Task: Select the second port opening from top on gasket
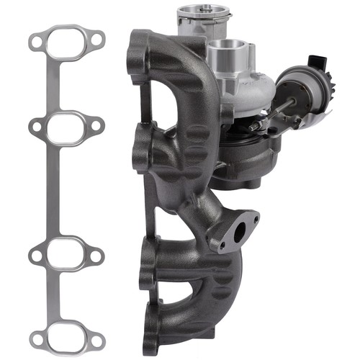click(66, 127)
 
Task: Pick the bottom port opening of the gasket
click(66, 334)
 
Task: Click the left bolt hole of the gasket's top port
click(34, 43)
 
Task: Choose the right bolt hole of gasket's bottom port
click(97, 336)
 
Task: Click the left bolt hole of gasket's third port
click(35, 253)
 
